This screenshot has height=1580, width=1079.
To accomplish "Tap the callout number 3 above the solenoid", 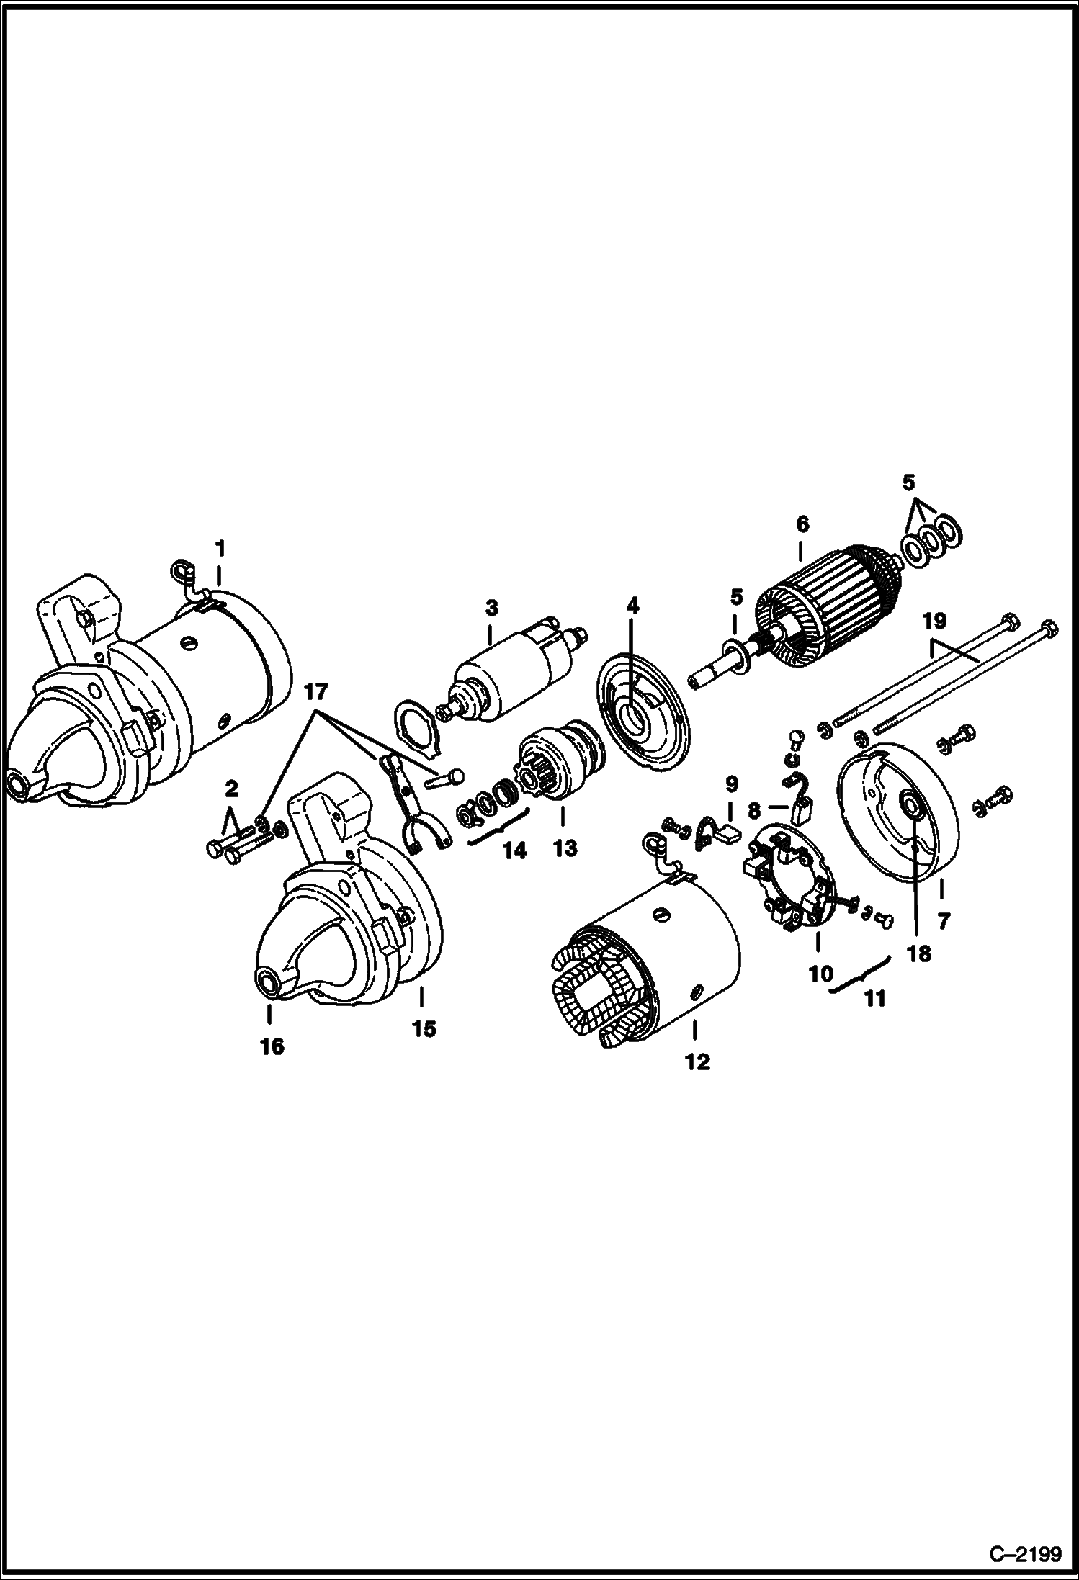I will point(491,608).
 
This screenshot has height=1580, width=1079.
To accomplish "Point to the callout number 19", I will point(936,621).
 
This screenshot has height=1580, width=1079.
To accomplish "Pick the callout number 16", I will point(272,1046).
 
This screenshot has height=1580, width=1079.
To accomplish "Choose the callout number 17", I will point(315,692).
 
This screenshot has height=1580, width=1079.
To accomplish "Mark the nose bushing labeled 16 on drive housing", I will point(268,984).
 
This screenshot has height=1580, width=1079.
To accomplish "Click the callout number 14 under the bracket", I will point(514,850).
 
